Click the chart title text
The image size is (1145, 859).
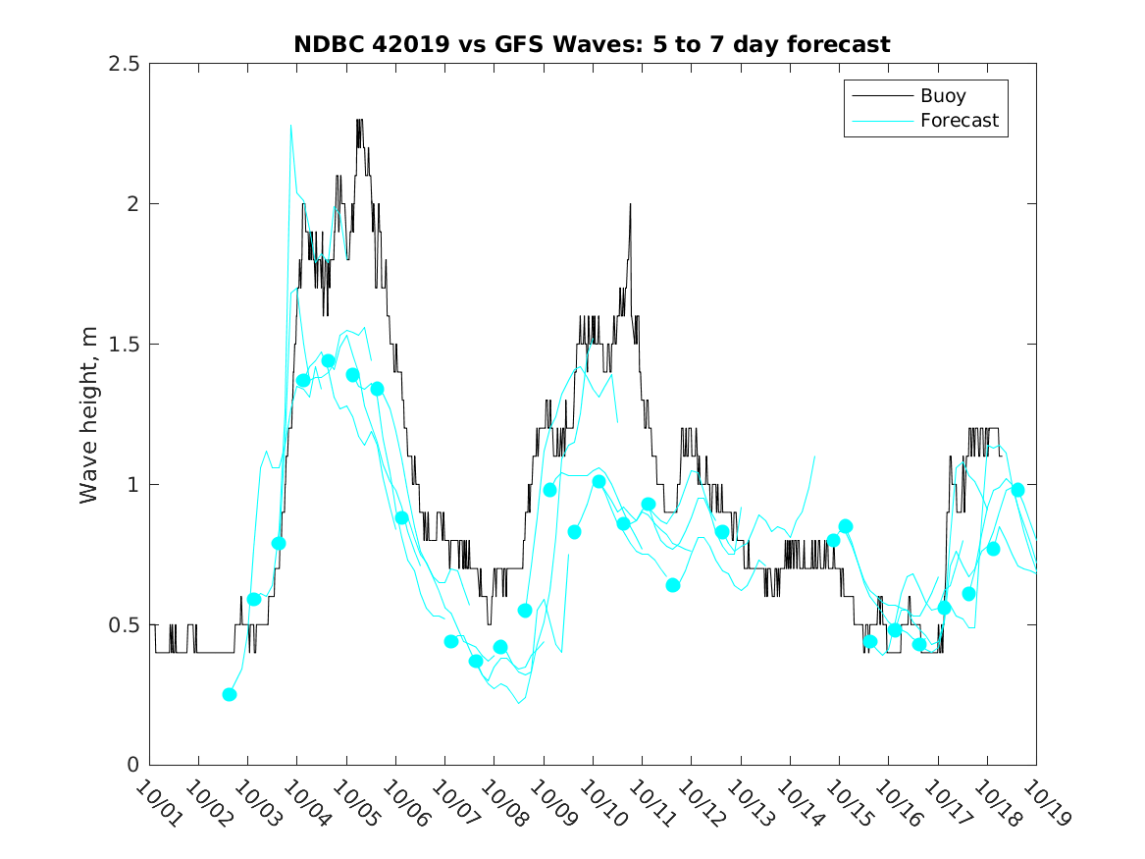tap(592, 44)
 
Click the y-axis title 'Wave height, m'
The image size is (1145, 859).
tap(89, 414)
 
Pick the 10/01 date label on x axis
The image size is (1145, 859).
tap(157, 802)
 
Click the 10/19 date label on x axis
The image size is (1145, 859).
tap(1043, 802)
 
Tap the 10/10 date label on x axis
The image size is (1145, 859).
tap(600, 802)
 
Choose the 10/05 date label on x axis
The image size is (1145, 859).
tap(354, 802)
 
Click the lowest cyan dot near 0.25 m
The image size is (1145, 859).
tap(230, 694)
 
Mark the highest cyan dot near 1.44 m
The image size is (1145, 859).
tap(329, 361)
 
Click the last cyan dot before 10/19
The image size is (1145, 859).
tap(1017, 490)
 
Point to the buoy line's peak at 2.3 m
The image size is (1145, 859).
tap(359, 121)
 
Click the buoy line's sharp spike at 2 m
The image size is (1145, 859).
tap(630, 204)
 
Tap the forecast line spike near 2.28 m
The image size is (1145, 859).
tap(291, 126)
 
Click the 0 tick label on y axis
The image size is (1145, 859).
tap(132, 766)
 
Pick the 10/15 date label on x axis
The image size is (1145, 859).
tap(846, 802)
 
